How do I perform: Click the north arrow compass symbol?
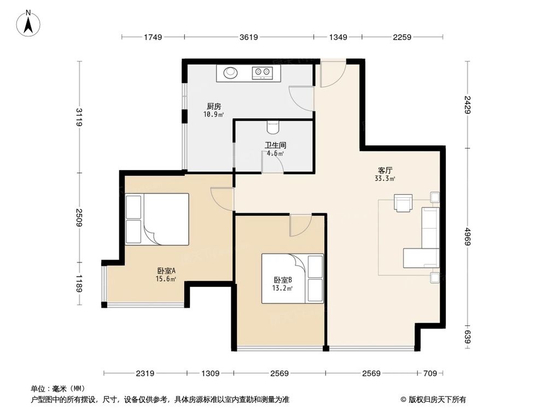(x=28, y=23)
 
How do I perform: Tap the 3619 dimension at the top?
(x=249, y=37)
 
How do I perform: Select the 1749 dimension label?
(x=153, y=37)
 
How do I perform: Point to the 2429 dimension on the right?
(x=468, y=104)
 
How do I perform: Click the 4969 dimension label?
(x=468, y=236)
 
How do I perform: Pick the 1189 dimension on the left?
(x=79, y=284)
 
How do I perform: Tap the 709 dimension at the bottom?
(x=430, y=373)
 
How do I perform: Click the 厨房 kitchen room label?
(x=214, y=107)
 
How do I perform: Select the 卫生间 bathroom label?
(x=275, y=145)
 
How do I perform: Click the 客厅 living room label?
(x=385, y=171)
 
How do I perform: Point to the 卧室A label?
(x=166, y=271)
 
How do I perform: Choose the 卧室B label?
(x=283, y=279)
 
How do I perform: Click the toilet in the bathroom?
(x=273, y=127)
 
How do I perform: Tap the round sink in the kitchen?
(x=230, y=73)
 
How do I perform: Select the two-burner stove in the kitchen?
(x=262, y=73)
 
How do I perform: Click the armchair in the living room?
(x=403, y=203)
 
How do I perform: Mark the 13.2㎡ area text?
(x=282, y=288)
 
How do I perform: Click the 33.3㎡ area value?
(x=385, y=179)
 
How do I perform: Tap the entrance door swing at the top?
(x=333, y=73)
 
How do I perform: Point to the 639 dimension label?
(x=468, y=337)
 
